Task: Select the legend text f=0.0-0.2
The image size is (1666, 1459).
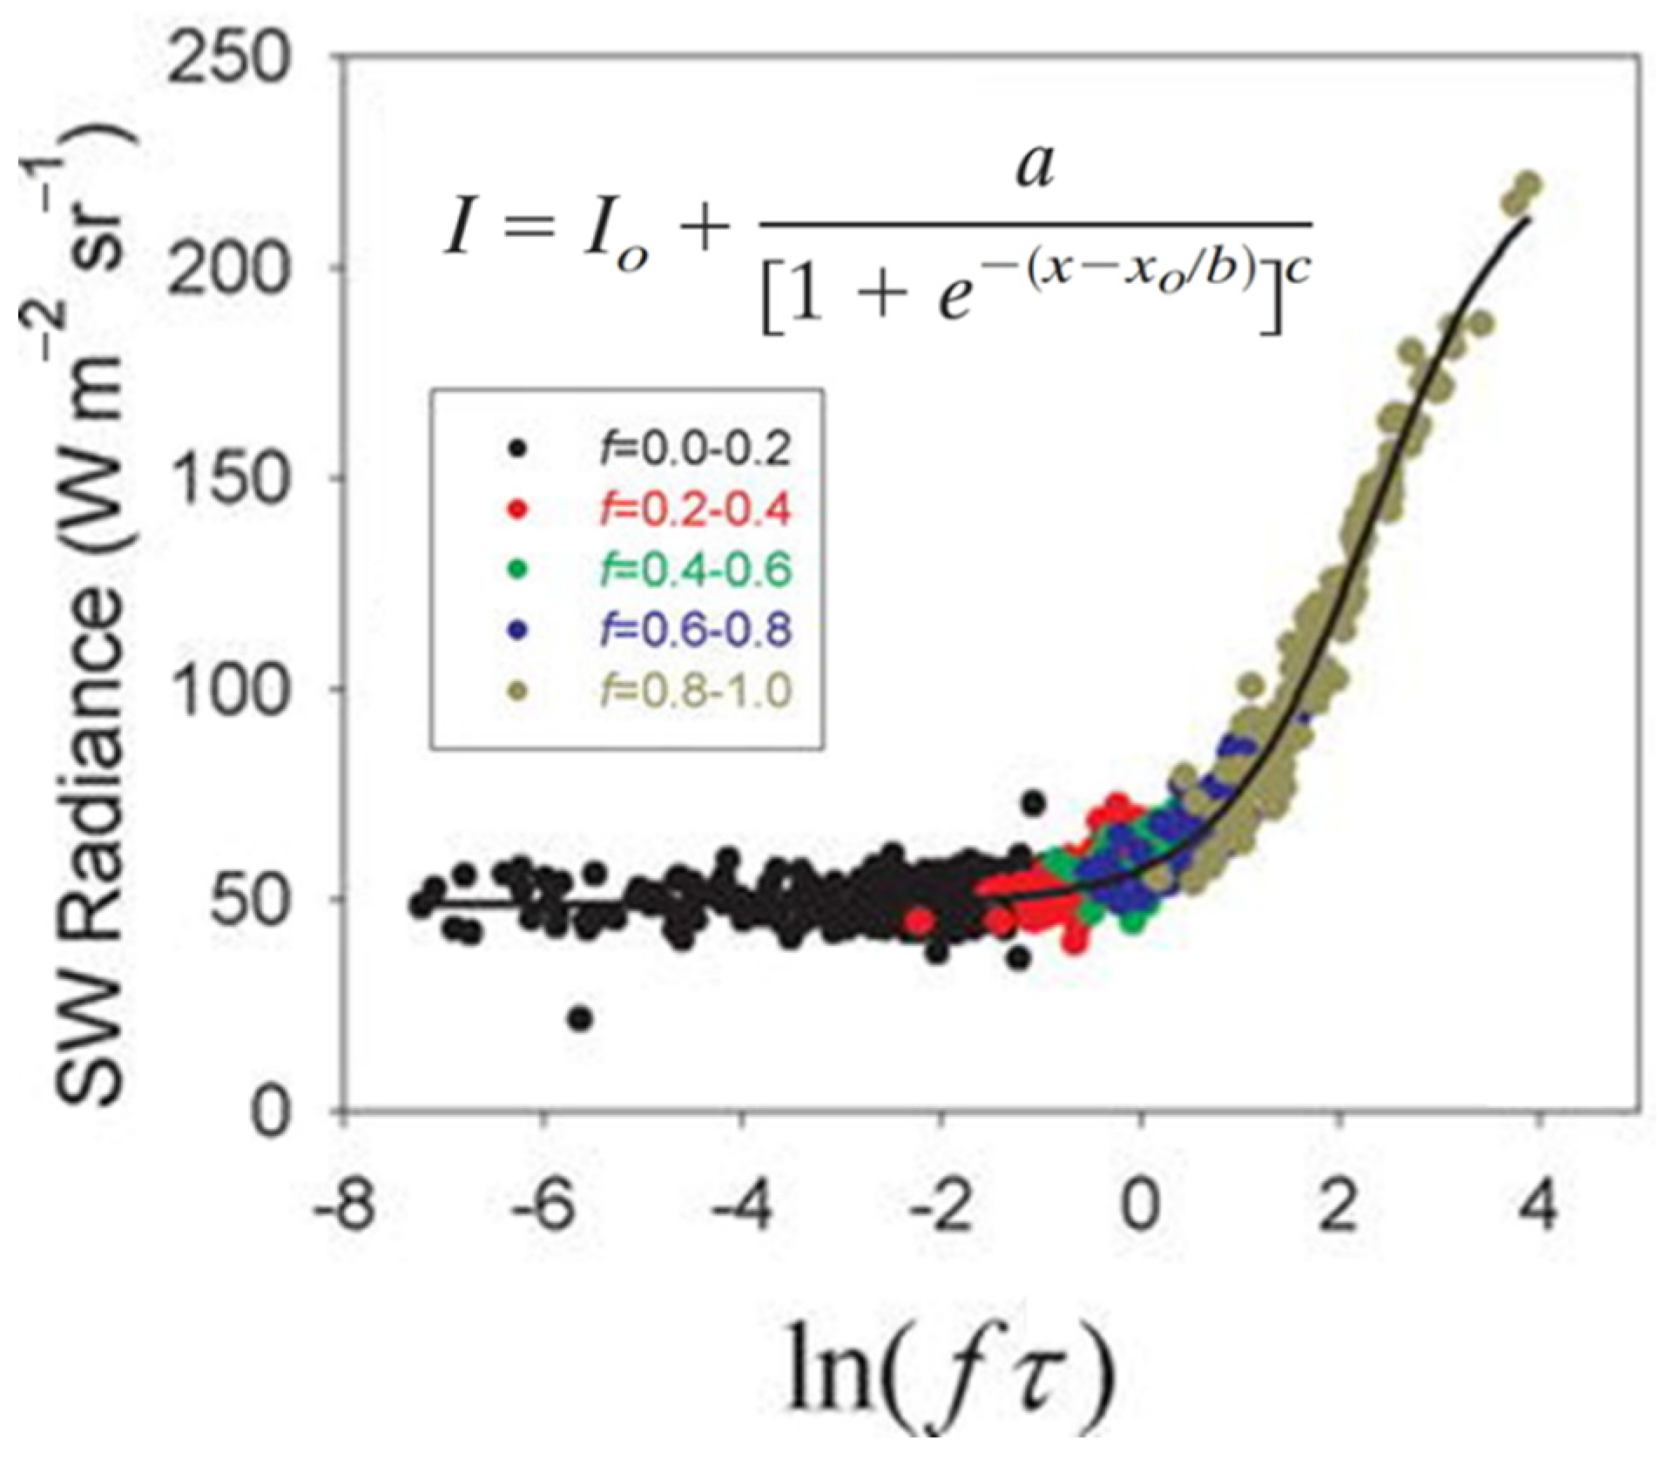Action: pyautogui.click(x=695, y=449)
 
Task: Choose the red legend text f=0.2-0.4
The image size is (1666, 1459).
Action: pyautogui.click(x=695, y=510)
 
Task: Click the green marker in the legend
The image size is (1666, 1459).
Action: pyautogui.click(x=519, y=569)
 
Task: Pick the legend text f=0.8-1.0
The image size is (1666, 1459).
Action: pyautogui.click(x=695, y=692)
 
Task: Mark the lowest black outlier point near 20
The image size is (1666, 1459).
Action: pyautogui.click(x=581, y=1017)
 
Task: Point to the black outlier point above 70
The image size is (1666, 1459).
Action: pyautogui.click(x=1034, y=802)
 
